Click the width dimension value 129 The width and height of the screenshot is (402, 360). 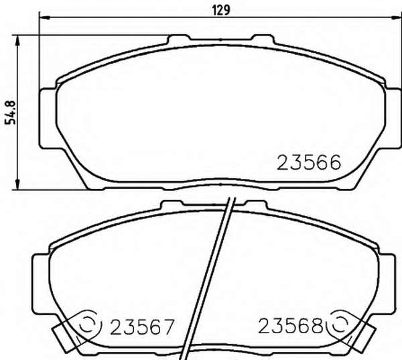(x=221, y=10)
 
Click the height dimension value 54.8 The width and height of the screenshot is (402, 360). (x=11, y=113)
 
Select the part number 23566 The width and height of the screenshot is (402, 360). (x=309, y=162)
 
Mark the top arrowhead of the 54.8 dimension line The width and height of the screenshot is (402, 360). (x=17, y=40)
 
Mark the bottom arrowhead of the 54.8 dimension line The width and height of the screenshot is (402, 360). (x=17, y=185)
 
